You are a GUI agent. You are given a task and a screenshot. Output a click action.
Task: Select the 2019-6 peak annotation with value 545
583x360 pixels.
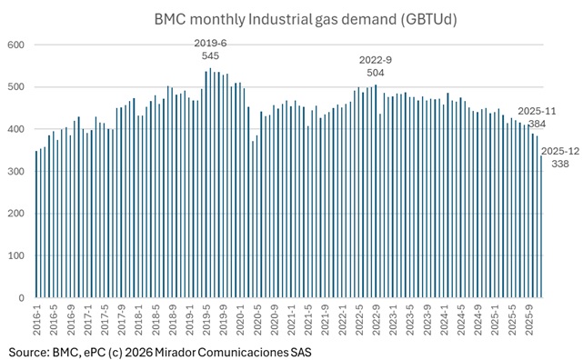(x=211, y=49)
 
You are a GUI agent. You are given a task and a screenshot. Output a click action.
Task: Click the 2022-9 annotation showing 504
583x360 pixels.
(x=375, y=66)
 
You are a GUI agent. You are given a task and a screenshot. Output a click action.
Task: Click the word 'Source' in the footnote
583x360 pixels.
(x=28, y=351)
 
